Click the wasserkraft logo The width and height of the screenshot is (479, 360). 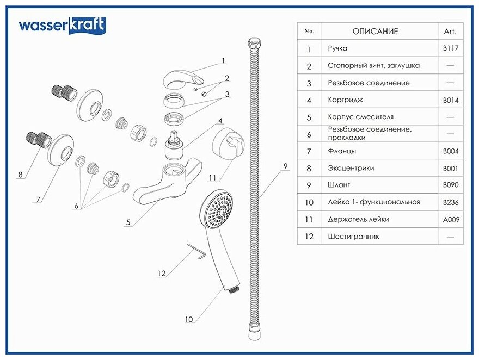[62, 26]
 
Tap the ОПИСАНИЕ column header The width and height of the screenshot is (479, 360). [375, 32]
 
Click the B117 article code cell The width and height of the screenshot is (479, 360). [451, 48]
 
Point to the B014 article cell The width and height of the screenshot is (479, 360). [451, 100]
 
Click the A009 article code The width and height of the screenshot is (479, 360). [451, 219]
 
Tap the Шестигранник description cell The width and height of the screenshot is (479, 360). [353, 237]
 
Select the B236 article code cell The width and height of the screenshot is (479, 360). [451, 202]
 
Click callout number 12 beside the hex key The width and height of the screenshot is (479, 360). [161, 274]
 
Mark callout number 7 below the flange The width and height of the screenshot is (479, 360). [39, 199]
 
